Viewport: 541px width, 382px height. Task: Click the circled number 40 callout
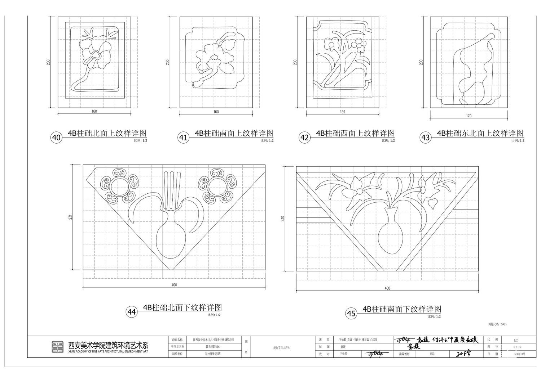point(56,138)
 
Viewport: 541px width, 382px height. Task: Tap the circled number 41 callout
point(183,138)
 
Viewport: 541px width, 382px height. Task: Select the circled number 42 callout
point(305,138)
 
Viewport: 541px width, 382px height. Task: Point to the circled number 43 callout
point(426,138)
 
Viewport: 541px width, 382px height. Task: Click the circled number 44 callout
point(132,312)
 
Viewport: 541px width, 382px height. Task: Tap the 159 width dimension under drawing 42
point(343,112)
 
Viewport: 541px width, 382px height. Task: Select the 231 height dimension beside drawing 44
point(71,217)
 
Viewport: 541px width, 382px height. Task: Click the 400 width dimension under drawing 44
point(174,285)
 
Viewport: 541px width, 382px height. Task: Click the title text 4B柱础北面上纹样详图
point(107,134)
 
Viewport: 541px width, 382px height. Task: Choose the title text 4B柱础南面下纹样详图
point(402,309)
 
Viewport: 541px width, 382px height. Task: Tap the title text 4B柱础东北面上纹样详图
point(480,134)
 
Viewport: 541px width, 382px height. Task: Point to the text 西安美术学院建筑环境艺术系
point(108,344)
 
